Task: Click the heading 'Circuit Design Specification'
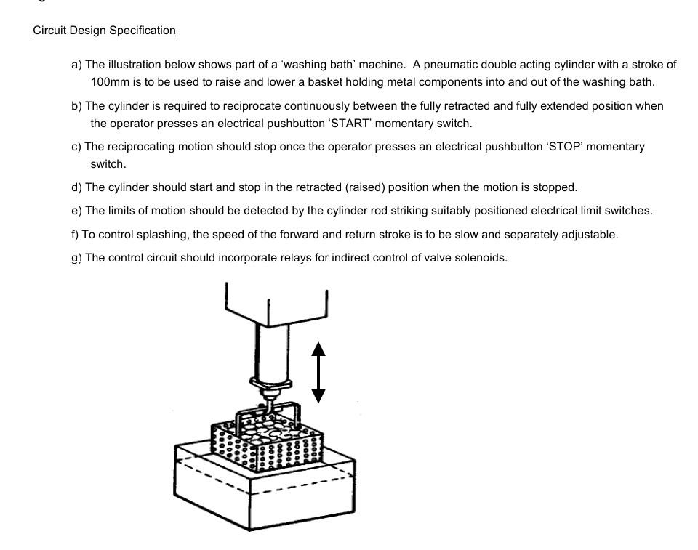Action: click(104, 31)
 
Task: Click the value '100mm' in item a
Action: click(109, 82)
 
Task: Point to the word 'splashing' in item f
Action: click(167, 235)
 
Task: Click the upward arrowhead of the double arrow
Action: click(318, 351)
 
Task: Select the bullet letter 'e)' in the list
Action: click(76, 211)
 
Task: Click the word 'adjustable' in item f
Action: click(588, 235)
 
